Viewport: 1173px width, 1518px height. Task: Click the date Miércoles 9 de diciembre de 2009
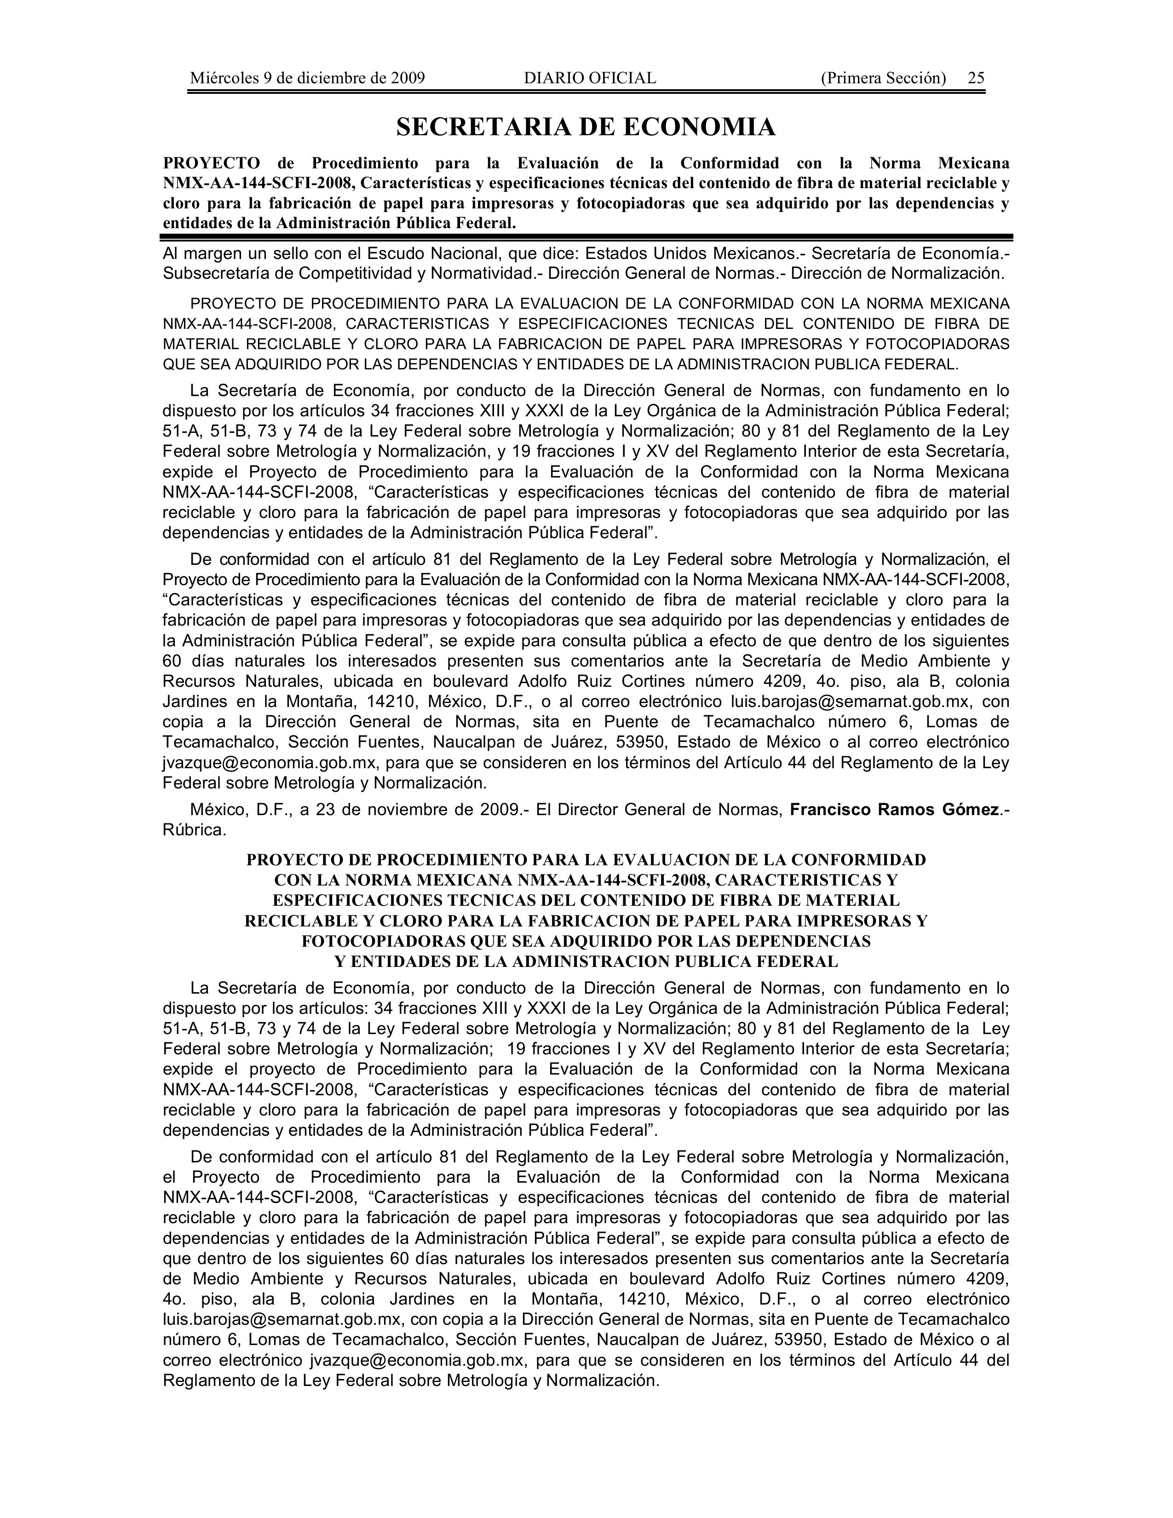(x=307, y=78)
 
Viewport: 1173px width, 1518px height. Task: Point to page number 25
(x=976, y=78)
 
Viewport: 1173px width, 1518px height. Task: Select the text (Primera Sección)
(x=883, y=78)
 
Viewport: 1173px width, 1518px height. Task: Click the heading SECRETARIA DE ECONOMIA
(x=586, y=127)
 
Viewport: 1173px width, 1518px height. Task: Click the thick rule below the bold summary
(x=586, y=237)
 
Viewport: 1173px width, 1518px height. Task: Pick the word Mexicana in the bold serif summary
(x=973, y=163)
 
